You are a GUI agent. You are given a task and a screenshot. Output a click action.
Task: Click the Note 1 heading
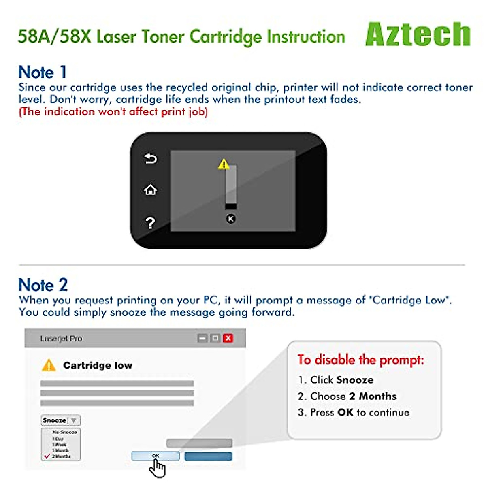(42, 72)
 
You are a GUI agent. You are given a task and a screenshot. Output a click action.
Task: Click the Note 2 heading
(43, 285)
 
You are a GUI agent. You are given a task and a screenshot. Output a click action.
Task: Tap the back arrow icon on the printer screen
(150, 158)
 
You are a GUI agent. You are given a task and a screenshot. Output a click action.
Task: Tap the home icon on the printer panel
(150, 190)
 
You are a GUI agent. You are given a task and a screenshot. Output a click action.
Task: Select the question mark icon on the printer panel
(150, 222)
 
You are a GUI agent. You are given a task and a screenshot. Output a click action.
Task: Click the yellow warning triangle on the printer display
(224, 164)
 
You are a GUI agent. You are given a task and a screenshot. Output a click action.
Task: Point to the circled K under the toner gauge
(230, 219)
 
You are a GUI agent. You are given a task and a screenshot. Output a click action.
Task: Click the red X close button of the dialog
(228, 338)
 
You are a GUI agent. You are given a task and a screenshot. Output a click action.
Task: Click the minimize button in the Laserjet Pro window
(202, 338)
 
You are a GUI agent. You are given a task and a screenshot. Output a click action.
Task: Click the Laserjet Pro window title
(61, 339)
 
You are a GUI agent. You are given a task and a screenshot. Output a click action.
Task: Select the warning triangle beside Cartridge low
(49, 365)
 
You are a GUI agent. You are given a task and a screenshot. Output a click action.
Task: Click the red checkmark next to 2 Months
(47, 456)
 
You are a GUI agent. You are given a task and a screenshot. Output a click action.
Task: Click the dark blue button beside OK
(208, 456)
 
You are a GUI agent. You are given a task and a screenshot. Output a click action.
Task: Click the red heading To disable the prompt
(361, 360)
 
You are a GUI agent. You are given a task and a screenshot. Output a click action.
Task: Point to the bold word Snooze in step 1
(356, 380)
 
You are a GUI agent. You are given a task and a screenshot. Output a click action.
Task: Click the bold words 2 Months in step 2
(373, 396)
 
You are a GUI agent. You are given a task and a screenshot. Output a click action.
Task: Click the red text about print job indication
(113, 112)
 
